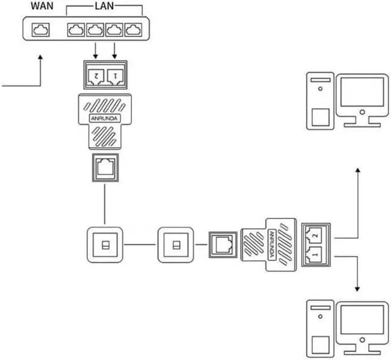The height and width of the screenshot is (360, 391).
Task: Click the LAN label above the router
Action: point(104,7)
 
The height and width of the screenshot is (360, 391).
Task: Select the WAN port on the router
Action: point(41,29)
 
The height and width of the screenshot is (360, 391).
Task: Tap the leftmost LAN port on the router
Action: point(77,29)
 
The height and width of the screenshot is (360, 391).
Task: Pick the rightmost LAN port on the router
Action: point(132,29)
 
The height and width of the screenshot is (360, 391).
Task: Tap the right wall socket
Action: point(176,245)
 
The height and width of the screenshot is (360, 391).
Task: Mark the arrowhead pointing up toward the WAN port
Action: point(41,57)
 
